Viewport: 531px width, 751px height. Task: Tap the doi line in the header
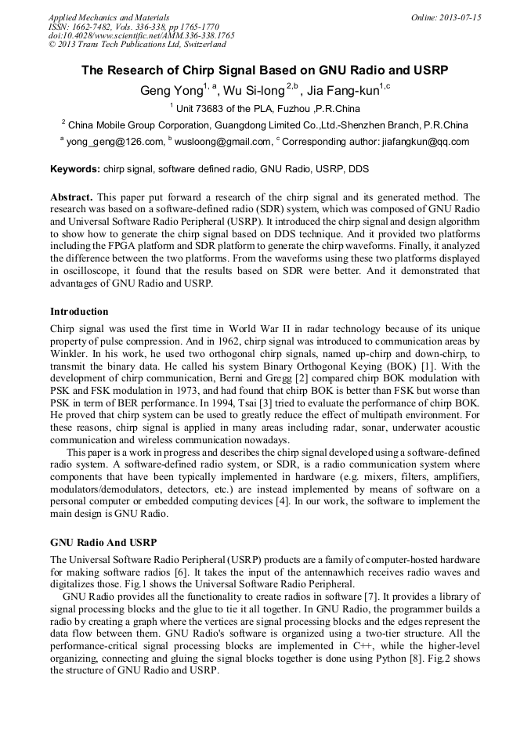(x=141, y=36)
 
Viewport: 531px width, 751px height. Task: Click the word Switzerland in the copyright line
(x=201, y=45)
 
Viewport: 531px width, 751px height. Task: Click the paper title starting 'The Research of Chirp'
(x=265, y=70)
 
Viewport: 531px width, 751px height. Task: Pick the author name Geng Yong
(x=170, y=91)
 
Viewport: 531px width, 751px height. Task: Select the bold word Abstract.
(x=71, y=197)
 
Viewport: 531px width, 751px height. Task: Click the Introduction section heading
(x=79, y=311)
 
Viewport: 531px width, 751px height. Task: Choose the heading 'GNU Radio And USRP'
(x=103, y=542)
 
